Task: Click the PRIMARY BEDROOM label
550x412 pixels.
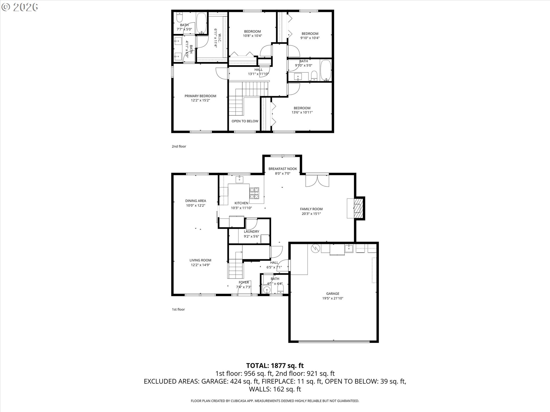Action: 200,96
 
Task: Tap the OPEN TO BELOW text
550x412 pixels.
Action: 245,121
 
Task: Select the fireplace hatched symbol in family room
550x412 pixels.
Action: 358,208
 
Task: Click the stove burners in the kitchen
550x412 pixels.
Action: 254,193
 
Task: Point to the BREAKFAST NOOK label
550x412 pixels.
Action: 283,169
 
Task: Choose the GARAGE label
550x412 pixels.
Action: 333,294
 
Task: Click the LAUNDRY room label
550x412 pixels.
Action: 252,232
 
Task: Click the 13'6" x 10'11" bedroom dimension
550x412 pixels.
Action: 302,112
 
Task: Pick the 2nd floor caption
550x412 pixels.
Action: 179,146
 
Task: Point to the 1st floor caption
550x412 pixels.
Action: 178,310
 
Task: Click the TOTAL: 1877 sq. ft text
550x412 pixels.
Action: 275,366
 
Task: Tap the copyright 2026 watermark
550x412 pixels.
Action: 20,7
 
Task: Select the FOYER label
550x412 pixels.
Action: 244,282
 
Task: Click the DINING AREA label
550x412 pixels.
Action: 196,201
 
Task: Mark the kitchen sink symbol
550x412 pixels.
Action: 239,180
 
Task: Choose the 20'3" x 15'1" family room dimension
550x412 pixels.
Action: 311,214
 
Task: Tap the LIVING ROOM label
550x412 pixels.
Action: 200,260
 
